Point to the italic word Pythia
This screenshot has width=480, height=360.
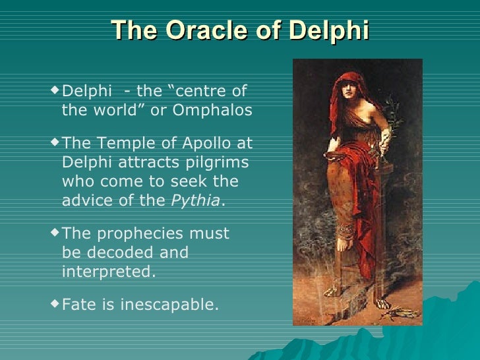(195, 201)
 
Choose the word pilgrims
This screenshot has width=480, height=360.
(218, 162)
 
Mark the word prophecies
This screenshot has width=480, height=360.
(129, 234)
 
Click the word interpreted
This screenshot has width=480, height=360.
(108, 271)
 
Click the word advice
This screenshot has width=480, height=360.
(87, 201)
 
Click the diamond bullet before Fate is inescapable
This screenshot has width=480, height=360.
(55, 303)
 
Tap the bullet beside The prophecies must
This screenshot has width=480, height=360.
(55, 232)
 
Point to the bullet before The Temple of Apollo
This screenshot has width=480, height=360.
(55, 141)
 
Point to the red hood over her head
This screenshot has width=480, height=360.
(348, 82)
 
